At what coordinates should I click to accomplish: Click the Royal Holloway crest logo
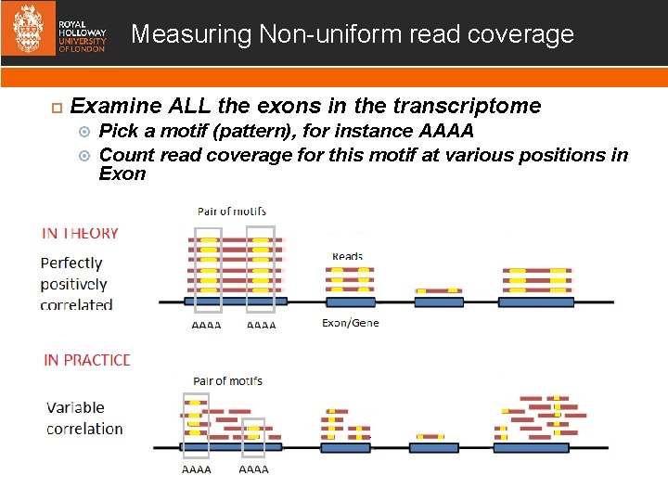28,32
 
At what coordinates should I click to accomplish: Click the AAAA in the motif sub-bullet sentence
446,131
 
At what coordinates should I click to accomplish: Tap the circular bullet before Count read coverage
84,155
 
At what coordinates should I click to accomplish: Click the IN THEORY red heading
80,233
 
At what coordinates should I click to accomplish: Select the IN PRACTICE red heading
87,360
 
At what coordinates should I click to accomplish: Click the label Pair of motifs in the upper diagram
232,212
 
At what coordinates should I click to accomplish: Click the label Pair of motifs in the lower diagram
228,380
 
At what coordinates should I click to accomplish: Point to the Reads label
348,256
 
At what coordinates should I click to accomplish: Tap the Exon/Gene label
351,323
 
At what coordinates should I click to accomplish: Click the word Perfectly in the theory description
71,263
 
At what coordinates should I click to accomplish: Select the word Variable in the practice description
75,407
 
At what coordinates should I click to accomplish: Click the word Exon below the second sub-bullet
122,174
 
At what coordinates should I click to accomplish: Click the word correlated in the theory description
77,304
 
